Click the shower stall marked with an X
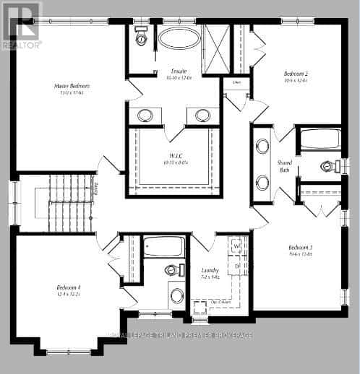(x=215, y=39)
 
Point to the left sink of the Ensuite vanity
(x=146, y=116)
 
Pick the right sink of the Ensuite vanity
(x=202, y=116)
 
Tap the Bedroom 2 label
(x=296, y=74)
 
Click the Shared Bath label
(x=285, y=167)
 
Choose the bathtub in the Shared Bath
(x=318, y=139)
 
